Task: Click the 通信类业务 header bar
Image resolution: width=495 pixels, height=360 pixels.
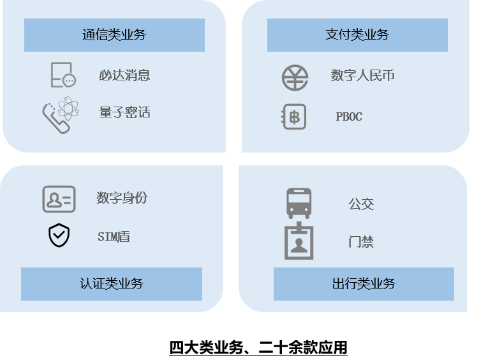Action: [x=114, y=35]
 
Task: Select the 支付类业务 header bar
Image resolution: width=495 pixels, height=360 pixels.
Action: [x=357, y=35]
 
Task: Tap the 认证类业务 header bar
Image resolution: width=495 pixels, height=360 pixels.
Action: [x=112, y=284]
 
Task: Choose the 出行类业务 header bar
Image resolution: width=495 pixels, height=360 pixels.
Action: [x=364, y=284]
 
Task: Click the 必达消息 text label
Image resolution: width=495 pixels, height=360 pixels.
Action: [x=124, y=75]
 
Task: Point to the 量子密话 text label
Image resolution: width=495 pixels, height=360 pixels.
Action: [x=124, y=112]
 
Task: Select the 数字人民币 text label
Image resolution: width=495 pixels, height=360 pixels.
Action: [x=363, y=75]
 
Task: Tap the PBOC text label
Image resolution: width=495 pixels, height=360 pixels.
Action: [x=349, y=117]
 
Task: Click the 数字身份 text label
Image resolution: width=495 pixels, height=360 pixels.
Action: [x=122, y=198]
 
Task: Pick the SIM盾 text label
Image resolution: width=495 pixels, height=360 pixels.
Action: [x=114, y=237]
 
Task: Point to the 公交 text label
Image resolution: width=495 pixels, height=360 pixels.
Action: [x=361, y=204]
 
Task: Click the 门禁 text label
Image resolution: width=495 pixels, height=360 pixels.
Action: [x=361, y=242]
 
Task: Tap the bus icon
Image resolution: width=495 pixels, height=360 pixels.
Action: [x=299, y=204]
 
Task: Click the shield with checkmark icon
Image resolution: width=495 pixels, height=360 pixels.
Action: [x=59, y=236]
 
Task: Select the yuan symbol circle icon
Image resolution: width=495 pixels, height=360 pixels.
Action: [x=295, y=78]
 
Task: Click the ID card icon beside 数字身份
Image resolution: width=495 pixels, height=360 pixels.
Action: [x=59, y=199]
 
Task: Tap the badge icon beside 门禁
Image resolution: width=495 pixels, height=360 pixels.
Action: [x=299, y=241]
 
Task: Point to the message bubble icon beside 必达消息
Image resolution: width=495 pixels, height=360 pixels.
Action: [x=63, y=75]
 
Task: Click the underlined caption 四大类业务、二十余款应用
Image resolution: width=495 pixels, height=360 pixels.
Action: [x=258, y=348]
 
